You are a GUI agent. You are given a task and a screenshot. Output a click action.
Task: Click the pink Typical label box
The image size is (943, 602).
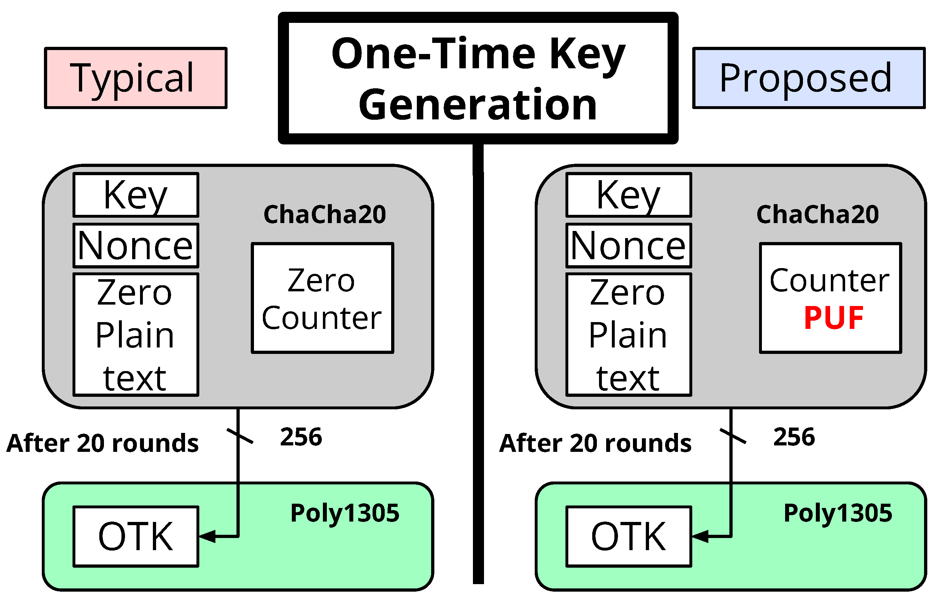pyautogui.click(x=135, y=78)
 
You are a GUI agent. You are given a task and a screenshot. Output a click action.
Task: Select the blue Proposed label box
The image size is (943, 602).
pyautogui.click(x=809, y=78)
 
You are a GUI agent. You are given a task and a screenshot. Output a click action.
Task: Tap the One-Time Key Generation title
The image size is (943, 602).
pyautogui.click(x=478, y=78)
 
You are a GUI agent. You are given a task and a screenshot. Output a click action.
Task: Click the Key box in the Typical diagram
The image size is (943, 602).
pyautogui.click(x=136, y=195)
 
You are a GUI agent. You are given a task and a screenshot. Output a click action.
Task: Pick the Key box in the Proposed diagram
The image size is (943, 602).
pyautogui.click(x=629, y=195)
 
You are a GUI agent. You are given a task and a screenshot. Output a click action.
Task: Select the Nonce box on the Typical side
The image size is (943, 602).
pyautogui.click(x=136, y=246)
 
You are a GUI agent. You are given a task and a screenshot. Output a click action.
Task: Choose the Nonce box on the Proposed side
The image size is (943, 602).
pyautogui.click(x=629, y=246)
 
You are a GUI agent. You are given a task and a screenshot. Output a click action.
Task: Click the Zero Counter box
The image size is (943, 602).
pyautogui.click(x=322, y=298)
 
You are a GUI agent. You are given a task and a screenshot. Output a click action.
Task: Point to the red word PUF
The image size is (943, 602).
pyautogui.click(x=833, y=318)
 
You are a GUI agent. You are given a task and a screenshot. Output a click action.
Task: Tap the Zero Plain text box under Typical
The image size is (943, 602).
pyautogui.click(x=136, y=335)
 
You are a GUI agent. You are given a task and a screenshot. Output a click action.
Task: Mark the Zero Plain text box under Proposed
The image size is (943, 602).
pyautogui.click(x=629, y=335)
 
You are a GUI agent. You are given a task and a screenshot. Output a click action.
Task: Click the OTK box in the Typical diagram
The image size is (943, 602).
pyautogui.click(x=136, y=537)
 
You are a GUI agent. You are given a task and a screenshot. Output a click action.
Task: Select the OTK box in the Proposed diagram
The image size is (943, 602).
pyautogui.click(x=629, y=537)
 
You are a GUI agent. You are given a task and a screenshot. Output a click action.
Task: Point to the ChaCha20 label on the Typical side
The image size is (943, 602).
pyautogui.click(x=325, y=214)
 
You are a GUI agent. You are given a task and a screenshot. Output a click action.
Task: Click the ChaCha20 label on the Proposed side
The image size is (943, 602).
pyautogui.click(x=818, y=214)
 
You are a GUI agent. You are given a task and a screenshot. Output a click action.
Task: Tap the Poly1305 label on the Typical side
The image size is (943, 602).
pyautogui.click(x=345, y=513)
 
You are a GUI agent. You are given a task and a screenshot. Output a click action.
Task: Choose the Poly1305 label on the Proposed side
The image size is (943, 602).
pyautogui.click(x=838, y=513)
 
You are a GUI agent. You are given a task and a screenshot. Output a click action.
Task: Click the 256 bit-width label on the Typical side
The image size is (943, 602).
pyautogui.click(x=301, y=437)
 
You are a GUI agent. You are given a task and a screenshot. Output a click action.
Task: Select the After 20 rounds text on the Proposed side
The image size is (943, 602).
pyautogui.click(x=595, y=443)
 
